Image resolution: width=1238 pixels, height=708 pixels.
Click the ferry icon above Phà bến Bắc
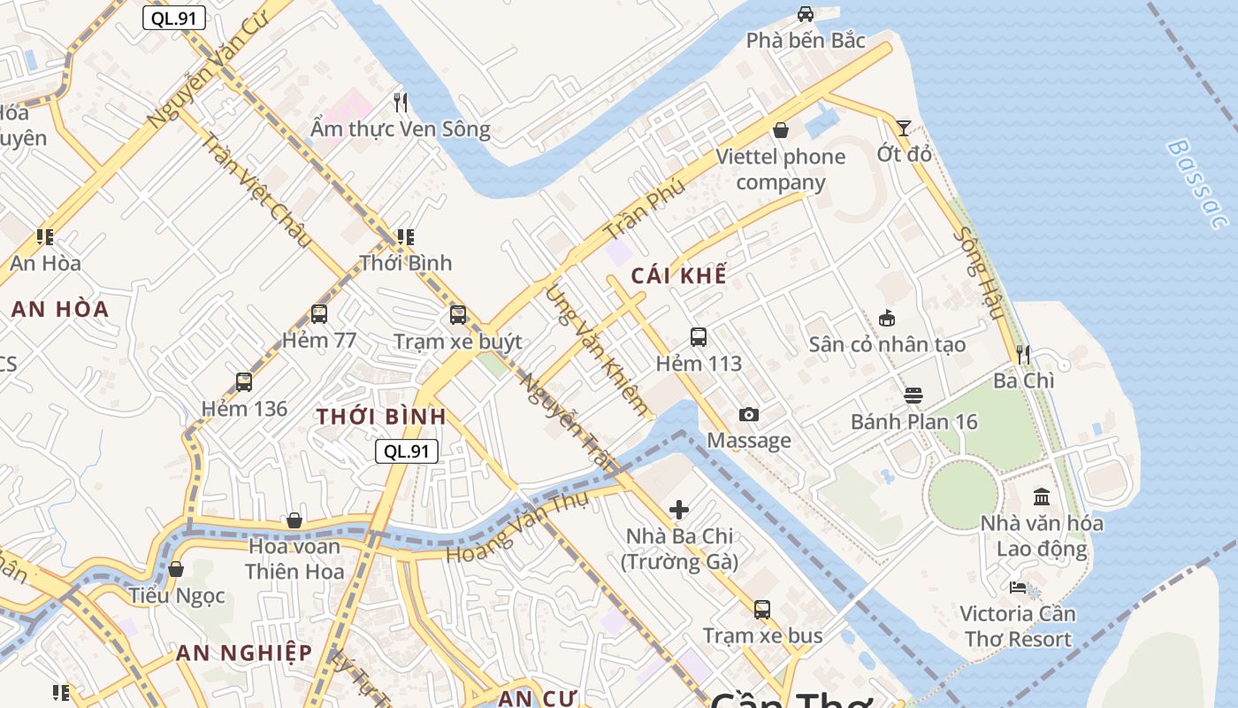coord(806,14)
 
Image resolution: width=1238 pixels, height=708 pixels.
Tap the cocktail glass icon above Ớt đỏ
coord(903,128)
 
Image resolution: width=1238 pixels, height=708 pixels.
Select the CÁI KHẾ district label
coord(679,275)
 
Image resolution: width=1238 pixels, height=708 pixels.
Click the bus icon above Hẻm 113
coord(699,337)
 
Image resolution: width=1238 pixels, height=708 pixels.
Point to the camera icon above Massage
coord(748,414)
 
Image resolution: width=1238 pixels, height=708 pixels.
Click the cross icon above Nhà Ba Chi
coord(679,510)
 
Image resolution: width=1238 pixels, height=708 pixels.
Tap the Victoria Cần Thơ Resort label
coord(1017,626)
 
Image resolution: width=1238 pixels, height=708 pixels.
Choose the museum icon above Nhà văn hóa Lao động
coord(1042,496)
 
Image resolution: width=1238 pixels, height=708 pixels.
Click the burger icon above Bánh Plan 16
coord(913,396)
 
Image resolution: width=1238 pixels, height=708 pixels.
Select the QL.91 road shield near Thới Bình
coord(407,450)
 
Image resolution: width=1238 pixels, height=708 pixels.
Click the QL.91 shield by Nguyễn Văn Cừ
coord(174,18)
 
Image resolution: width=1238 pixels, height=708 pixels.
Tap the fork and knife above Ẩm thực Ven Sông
coord(401,103)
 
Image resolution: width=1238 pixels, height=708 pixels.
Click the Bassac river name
coord(1196,183)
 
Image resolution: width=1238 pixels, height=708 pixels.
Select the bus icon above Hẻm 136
coord(244,382)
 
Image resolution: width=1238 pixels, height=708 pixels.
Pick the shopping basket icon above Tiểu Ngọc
coord(176,569)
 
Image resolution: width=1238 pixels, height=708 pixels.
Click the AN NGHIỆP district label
coord(243,653)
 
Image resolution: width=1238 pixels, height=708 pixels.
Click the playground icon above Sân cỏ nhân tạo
coord(886,318)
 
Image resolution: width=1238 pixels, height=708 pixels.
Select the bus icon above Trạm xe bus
coord(762,609)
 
